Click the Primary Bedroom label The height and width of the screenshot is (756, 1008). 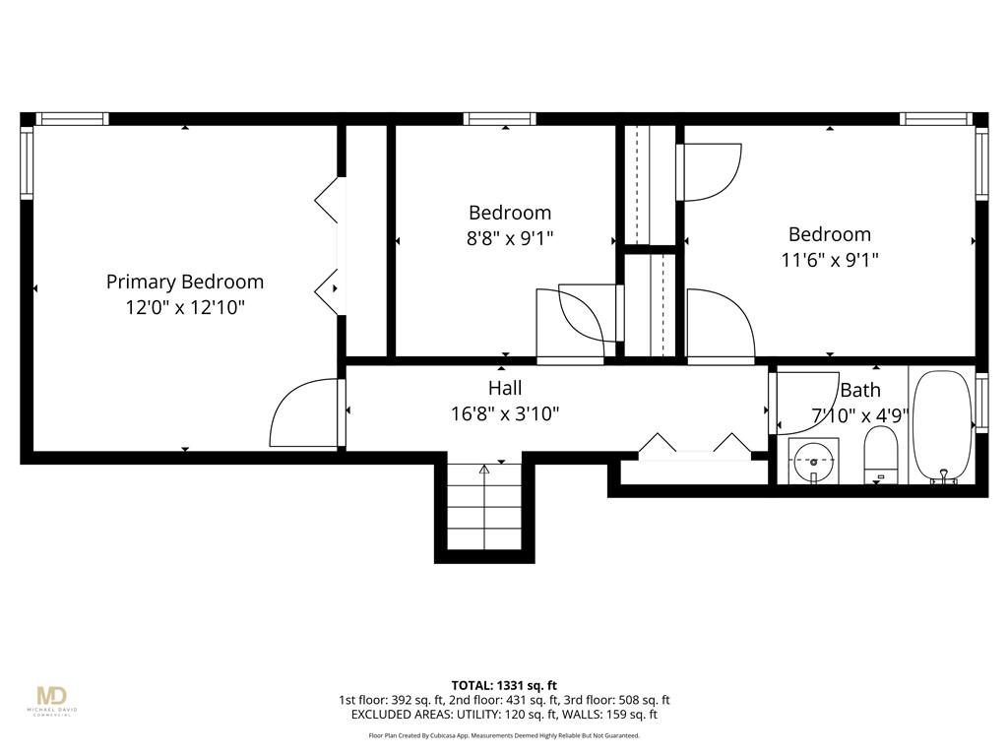(185, 282)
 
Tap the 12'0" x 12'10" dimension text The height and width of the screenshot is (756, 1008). (185, 307)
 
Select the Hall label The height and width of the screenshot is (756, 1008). (505, 388)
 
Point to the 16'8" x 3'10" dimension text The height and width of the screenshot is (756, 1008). (505, 413)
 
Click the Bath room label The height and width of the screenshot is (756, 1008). (859, 390)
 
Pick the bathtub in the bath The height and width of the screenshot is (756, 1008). (942, 426)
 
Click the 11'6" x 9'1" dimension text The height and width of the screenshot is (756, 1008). (829, 260)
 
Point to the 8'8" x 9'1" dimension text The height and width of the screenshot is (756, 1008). (510, 238)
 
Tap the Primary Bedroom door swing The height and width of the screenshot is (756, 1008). (305, 413)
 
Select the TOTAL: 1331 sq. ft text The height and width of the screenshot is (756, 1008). (504, 685)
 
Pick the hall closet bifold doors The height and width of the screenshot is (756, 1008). (695, 448)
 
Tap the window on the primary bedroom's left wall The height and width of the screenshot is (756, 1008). (27, 161)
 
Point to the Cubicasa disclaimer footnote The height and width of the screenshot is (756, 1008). (504, 735)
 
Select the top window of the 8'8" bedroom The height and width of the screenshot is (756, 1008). (500, 119)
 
